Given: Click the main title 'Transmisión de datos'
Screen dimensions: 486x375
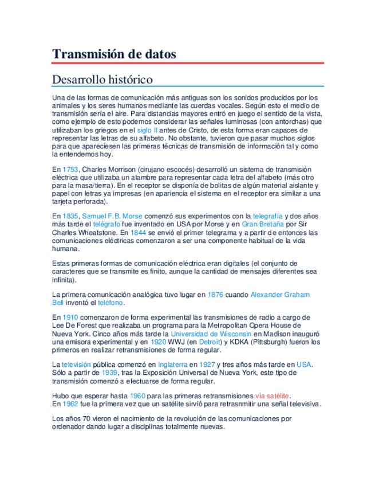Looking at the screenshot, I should tap(114, 54).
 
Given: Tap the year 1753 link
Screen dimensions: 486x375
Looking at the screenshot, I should tap(70, 170).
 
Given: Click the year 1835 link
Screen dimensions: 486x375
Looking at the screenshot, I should tap(70, 216).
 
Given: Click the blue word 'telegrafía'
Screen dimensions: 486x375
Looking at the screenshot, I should tap(267, 216).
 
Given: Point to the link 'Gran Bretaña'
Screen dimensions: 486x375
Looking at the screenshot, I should tap(262, 225).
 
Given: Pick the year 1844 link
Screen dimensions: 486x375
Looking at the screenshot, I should tap(138, 233).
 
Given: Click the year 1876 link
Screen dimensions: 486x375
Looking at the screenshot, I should tap(215, 295).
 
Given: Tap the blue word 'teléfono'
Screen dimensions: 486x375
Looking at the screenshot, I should tap(110, 303).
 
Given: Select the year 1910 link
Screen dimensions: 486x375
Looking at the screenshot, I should tap(70, 318).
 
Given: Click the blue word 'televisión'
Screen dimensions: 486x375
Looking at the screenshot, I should tap(80, 364).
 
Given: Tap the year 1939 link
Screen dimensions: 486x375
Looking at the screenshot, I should tap(116, 373).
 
